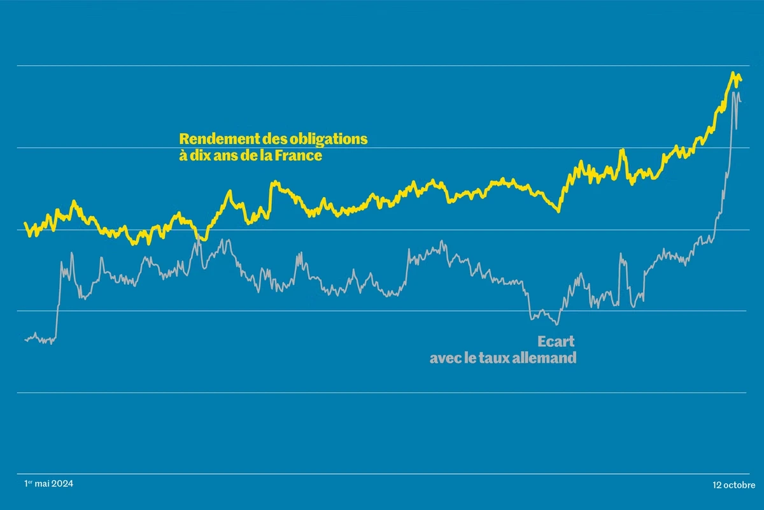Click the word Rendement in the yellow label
tap(219, 139)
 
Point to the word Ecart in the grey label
tap(556, 341)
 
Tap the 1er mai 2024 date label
tap(48, 483)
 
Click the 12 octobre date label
tap(733, 485)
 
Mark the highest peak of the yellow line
tap(733, 73)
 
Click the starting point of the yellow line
tap(25, 223)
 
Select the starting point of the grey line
tap(25, 340)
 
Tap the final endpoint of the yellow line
tap(741, 80)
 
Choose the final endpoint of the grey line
tap(741, 101)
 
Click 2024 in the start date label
tap(62, 484)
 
